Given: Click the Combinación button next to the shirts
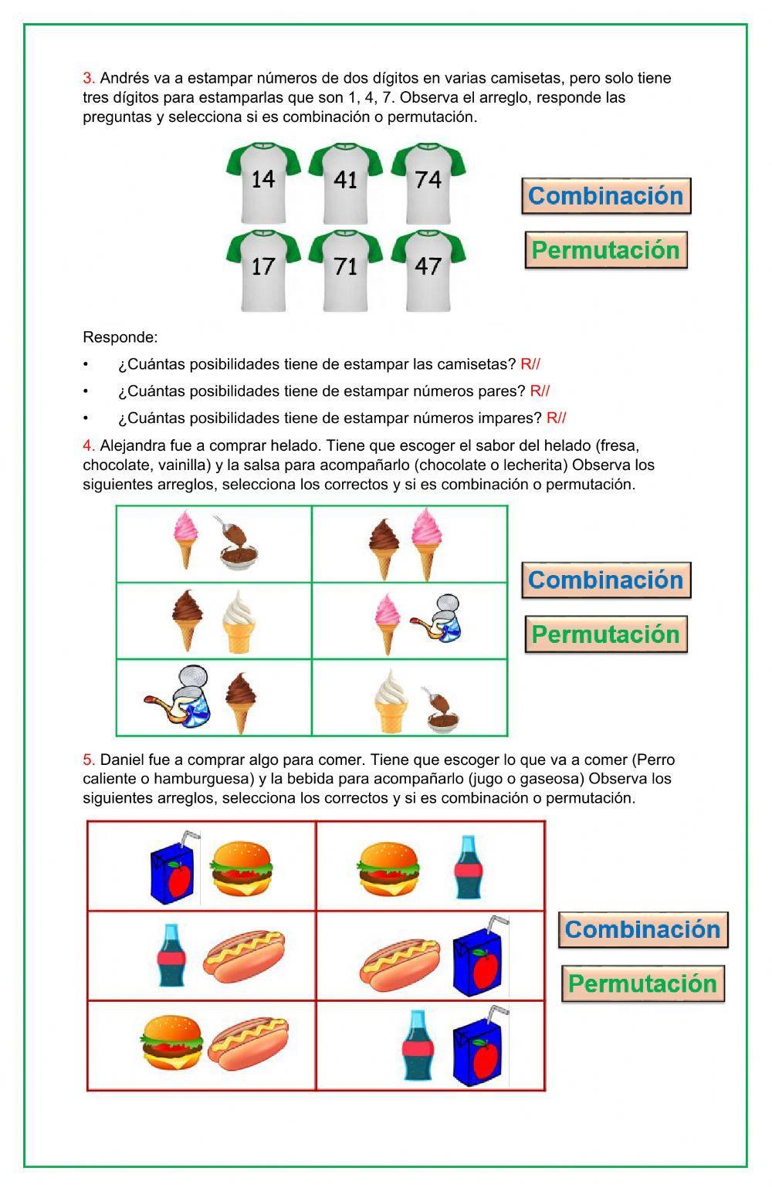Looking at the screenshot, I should [606, 196].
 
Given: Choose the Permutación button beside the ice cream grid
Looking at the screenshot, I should [606, 634].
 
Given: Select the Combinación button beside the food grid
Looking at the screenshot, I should [643, 929].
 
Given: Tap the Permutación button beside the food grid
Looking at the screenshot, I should [643, 984].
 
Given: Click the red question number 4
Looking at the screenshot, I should [88, 445].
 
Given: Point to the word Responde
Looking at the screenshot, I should [120, 337].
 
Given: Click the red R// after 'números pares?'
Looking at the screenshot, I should [540, 391].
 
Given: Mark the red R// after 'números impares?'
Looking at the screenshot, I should [556, 418].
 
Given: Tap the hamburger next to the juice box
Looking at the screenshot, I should [242, 869].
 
